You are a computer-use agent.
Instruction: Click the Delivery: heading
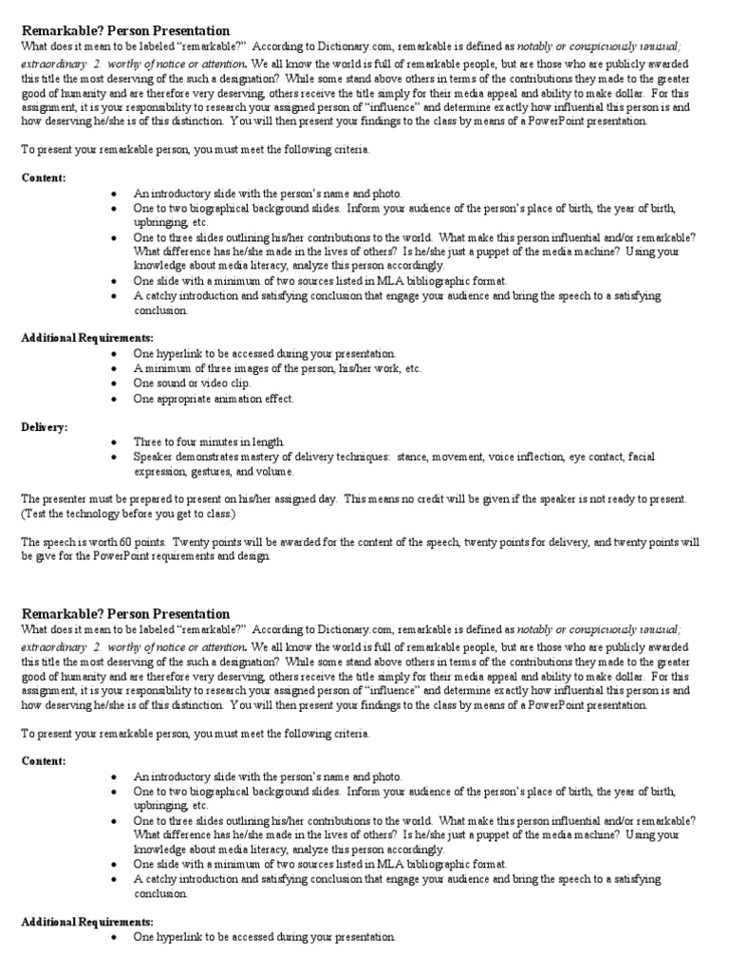click(45, 427)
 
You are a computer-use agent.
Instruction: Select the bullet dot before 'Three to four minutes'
click(114, 442)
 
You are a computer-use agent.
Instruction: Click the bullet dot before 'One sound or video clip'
click(114, 383)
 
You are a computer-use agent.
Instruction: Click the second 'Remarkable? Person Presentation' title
click(125, 614)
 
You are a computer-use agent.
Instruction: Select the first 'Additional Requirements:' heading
click(87, 339)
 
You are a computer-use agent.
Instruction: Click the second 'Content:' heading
click(44, 761)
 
